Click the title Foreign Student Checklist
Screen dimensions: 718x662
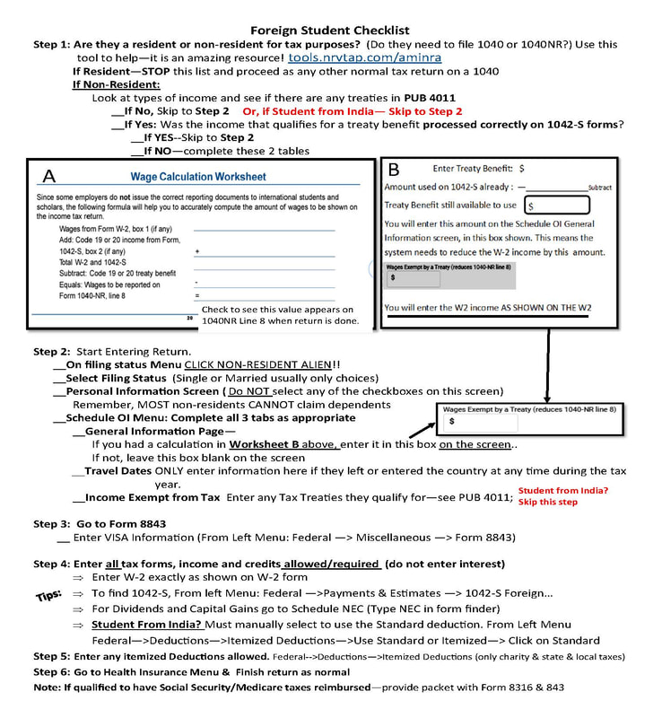[330, 29]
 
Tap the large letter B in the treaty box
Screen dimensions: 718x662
[396, 170]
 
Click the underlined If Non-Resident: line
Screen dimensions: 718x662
[109, 84]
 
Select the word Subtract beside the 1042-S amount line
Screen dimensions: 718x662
[599, 188]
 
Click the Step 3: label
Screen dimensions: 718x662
[53, 523]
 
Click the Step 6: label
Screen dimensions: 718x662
[53, 671]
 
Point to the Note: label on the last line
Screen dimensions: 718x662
[48, 687]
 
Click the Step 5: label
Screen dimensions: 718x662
[53, 656]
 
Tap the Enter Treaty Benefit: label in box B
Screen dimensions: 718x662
[473, 168]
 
